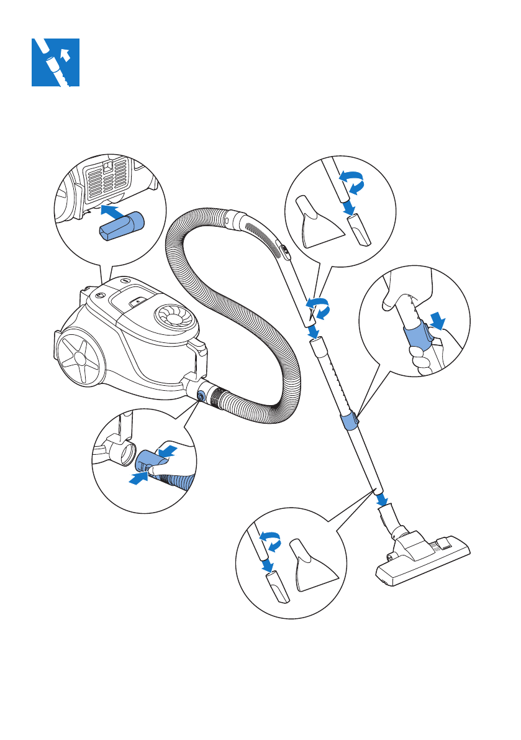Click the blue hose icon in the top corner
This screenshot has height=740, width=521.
pos(56,62)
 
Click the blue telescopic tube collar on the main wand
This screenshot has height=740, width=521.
pos(350,421)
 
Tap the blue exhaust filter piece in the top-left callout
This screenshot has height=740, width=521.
pos(121,224)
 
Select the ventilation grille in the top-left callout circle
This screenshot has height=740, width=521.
pos(108,176)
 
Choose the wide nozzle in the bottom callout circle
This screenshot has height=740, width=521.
pos(312,565)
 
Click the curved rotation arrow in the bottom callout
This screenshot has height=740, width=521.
pos(270,541)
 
